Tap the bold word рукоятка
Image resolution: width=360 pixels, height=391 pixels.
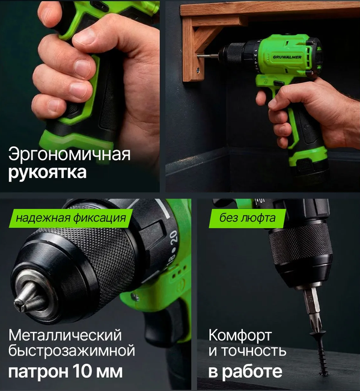coord(47,173)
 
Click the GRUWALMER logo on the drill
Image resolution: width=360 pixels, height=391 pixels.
coord(287,57)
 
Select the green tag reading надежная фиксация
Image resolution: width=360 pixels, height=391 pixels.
coord(71,218)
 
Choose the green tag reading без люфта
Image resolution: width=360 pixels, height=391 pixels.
coord(248,218)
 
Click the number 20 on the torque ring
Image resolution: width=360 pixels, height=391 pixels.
coord(174,236)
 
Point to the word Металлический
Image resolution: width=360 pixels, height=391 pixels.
coord(65,336)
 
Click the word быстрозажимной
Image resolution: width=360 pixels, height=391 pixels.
coord(72,351)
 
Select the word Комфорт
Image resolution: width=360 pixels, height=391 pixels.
coord(240,336)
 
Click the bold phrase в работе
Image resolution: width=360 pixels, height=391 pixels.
coord(245,371)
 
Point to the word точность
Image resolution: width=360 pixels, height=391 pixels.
coord(254,351)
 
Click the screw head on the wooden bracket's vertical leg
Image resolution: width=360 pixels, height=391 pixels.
coord(198,71)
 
